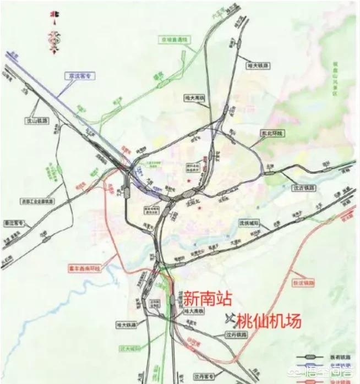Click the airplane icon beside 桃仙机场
tap(229, 318)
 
